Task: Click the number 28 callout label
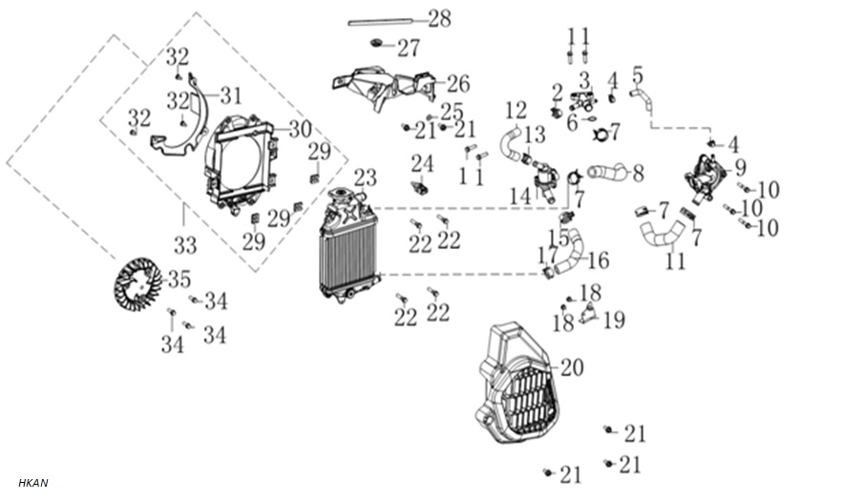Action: point(439,18)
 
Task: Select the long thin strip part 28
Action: point(380,22)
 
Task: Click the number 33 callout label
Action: point(185,245)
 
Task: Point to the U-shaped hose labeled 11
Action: point(663,233)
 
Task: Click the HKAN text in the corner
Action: point(33,483)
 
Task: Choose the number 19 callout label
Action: point(614,320)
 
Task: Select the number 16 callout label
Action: point(599,261)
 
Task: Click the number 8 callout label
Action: point(638,174)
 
